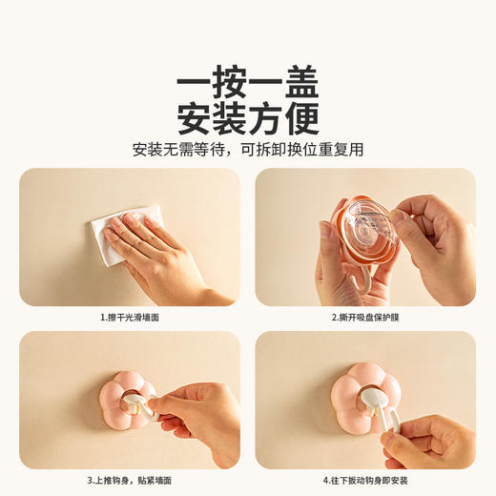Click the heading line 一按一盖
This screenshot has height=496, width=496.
(247, 85)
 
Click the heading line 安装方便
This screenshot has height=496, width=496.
(247, 119)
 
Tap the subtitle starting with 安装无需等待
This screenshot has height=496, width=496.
(247, 150)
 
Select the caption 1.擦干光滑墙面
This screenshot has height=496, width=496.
(130, 317)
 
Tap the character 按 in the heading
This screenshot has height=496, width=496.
(229, 85)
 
